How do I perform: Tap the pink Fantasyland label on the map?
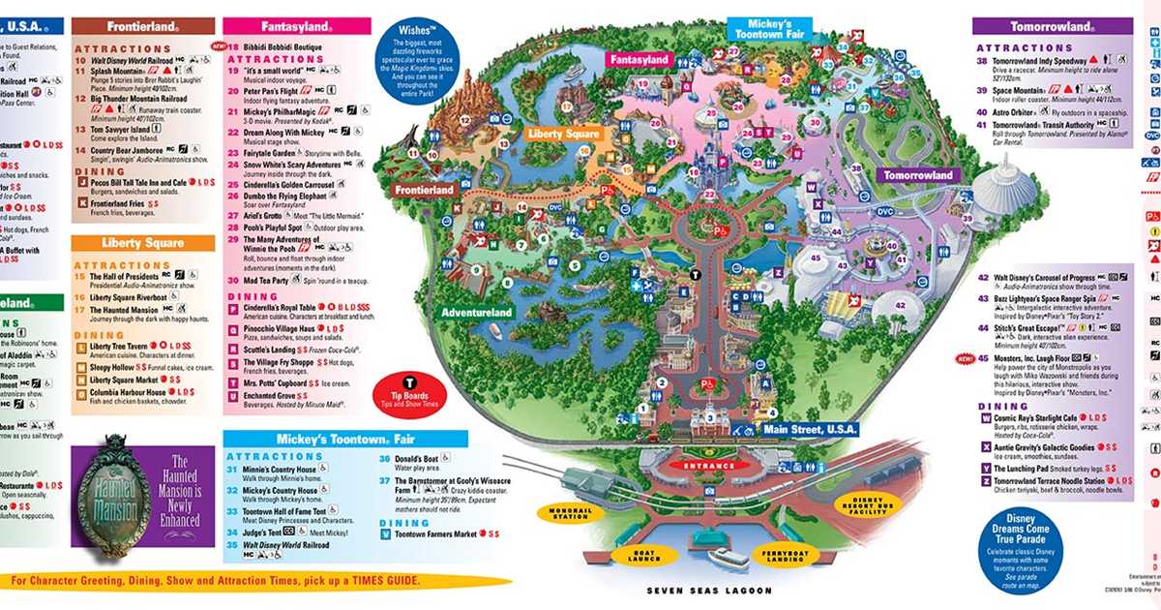639,60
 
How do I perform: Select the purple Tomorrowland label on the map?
915,175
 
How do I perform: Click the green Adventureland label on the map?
476,314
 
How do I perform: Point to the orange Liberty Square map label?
564,134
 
